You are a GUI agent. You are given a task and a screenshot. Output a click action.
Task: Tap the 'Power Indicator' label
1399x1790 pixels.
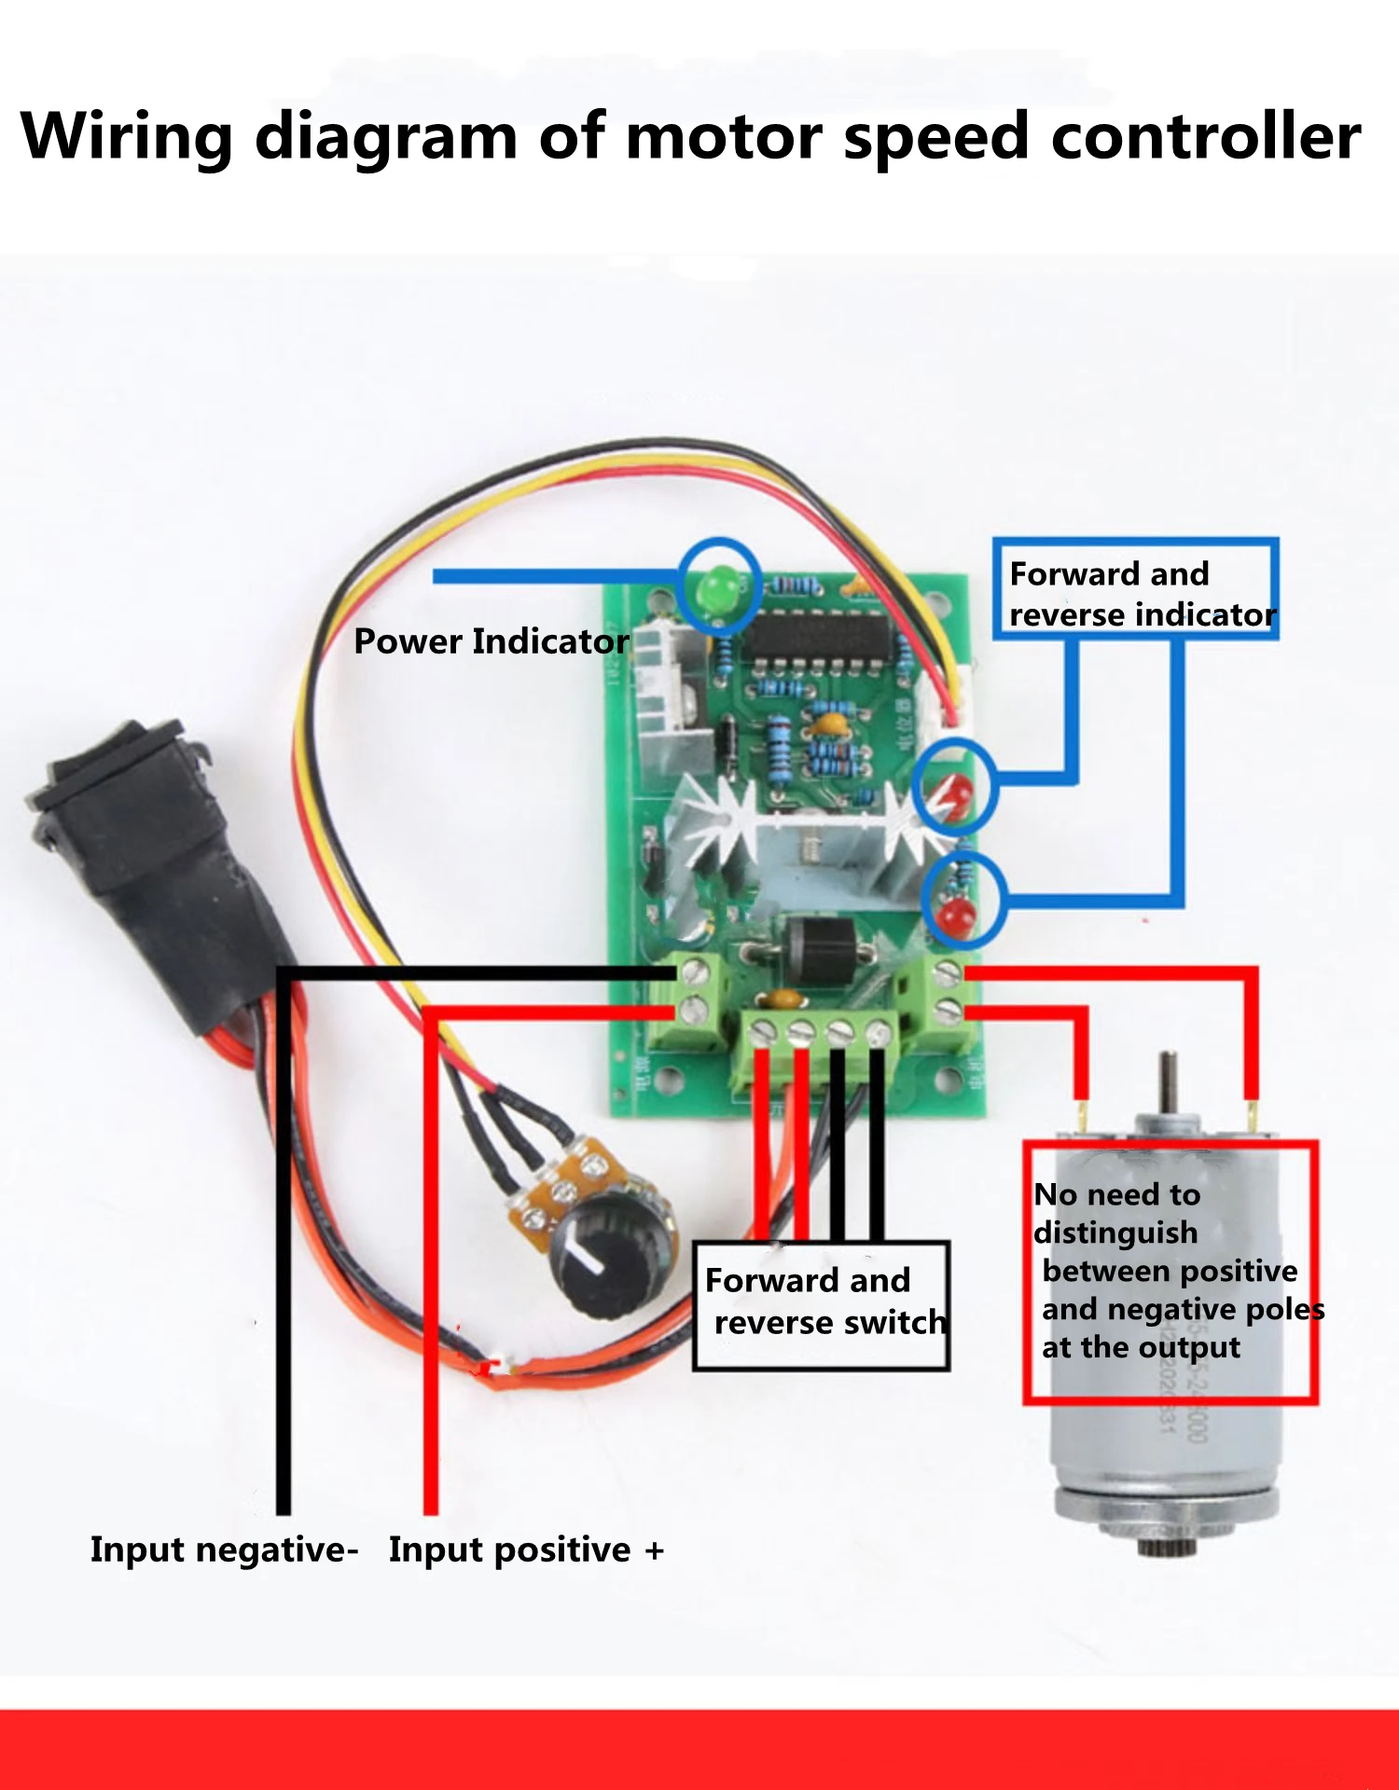click(x=492, y=641)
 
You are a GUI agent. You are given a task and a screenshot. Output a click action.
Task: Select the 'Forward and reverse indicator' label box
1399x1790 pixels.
click(x=1135, y=590)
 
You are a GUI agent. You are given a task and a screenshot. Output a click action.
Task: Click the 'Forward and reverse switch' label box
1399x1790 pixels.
click(x=822, y=1304)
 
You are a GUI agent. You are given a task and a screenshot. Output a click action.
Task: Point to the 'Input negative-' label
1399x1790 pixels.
click(x=224, y=1549)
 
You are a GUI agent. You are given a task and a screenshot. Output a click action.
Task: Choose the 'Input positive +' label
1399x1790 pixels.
click(x=526, y=1549)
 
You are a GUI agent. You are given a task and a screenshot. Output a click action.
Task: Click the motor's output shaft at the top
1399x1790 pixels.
click(x=1167, y=1081)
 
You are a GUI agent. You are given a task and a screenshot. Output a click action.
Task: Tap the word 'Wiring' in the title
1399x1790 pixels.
click(x=126, y=138)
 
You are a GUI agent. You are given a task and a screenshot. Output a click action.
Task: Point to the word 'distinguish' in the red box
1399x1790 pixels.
click(x=1115, y=1233)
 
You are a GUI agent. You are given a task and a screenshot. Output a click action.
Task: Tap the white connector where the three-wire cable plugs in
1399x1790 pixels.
click(x=944, y=713)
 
